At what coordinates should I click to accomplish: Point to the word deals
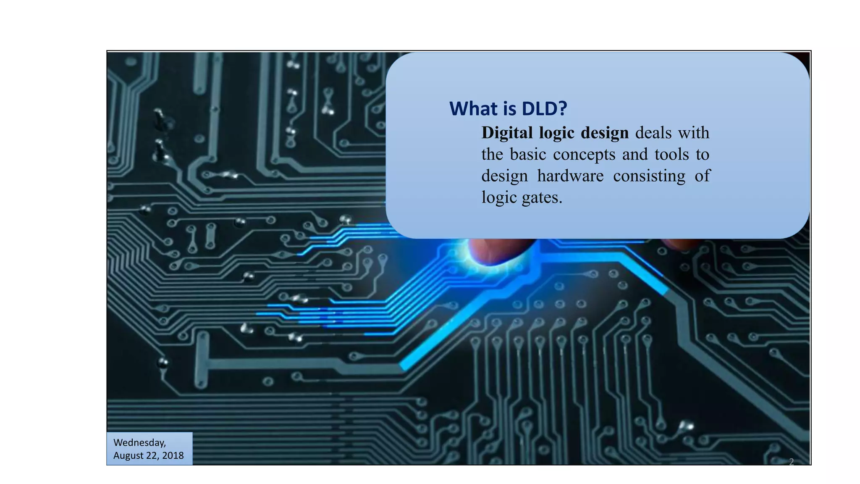tap(653, 133)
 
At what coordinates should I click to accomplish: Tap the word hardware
tap(570, 176)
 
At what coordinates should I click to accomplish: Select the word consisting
tap(649, 176)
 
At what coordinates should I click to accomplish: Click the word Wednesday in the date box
tap(139, 443)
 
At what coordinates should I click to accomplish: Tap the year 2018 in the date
tap(173, 456)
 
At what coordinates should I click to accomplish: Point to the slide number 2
tap(791, 462)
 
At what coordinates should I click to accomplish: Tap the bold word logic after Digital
tap(557, 133)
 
